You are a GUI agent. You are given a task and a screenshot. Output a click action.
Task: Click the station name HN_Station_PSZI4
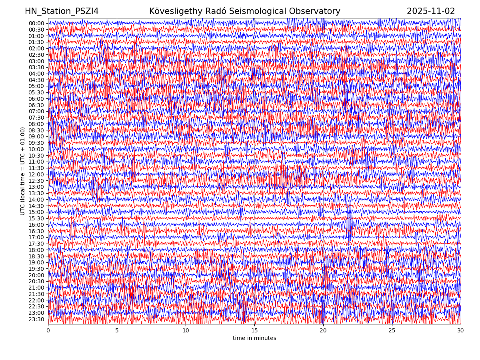point(62,11)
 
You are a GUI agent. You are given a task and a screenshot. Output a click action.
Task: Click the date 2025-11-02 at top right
point(431,11)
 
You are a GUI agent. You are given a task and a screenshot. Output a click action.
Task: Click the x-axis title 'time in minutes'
point(254,338)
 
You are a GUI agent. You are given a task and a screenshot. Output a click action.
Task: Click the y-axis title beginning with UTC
point(23,171)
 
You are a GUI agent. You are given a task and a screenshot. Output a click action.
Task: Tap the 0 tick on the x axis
point(48,331)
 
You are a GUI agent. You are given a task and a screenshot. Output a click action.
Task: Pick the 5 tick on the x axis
point(117,331)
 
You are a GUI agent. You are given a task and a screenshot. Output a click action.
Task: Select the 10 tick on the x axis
point(186,331)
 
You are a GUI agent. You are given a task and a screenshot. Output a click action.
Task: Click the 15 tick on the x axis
point(254,331)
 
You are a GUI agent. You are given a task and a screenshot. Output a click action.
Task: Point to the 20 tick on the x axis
point(323,331)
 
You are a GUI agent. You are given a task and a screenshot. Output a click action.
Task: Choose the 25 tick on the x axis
point(392,331)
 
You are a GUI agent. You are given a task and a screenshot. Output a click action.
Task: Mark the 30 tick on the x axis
point(461,331)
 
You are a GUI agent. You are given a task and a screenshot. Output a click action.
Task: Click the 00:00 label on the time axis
point(36,23)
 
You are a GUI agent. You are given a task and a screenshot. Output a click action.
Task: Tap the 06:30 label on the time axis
point(36,105)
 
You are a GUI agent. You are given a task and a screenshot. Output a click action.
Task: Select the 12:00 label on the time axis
point(36,174)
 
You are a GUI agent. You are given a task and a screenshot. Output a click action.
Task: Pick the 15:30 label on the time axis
point(36,218)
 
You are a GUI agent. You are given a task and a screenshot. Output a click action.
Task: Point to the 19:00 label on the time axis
point(36,262)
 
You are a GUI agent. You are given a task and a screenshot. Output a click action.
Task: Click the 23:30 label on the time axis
point(36,319)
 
